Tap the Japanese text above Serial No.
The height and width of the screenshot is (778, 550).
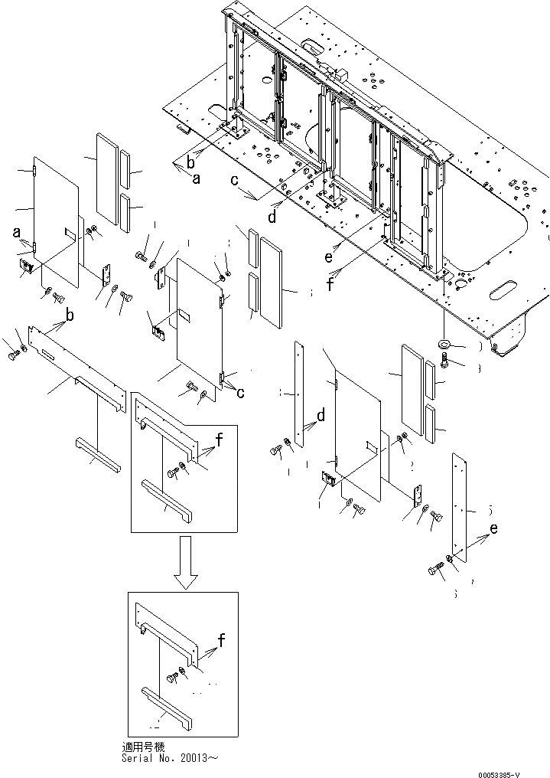(142, 746)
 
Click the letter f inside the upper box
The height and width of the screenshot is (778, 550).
(220, 440)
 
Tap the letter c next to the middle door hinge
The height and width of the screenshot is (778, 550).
(241, 393)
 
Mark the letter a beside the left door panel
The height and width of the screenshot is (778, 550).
(15, 231)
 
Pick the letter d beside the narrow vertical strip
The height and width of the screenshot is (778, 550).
(321, 416)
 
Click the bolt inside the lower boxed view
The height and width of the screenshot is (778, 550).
(172, 678)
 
